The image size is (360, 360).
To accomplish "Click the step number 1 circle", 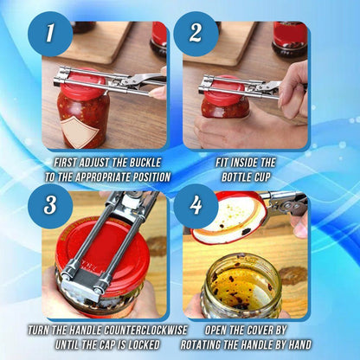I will [50, 35].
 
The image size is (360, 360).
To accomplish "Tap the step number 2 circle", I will [195, 35].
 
